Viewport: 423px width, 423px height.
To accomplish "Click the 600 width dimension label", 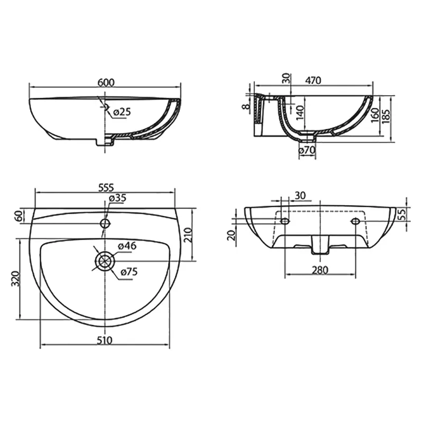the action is click(x=106, y=82).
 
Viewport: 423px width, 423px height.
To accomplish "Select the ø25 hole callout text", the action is click(x=122, y=112).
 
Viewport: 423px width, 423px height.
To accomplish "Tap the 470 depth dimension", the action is click(x=313, y=80).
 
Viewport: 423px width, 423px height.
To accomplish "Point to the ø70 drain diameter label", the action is click(x=307, y=150).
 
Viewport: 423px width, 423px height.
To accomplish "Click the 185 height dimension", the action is click(x=387, y=115).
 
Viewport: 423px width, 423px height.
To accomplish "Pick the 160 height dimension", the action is click(x=375, y=115).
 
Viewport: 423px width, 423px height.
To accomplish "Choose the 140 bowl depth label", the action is click(x=300, y=113).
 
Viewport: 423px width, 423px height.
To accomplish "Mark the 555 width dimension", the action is click(x=106, y=187).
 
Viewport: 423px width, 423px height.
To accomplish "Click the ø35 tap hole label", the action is click(x=117, y=198).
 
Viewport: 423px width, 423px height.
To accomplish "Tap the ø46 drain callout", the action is click(x=127, y=246).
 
